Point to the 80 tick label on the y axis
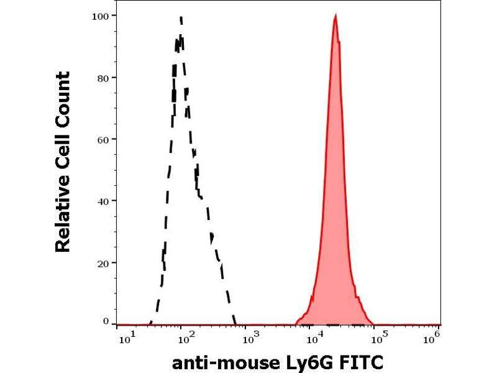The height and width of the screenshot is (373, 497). (x=103, y=78)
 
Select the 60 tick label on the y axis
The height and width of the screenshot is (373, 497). (x=103, y=139)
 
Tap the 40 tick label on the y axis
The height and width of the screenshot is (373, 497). (x=103, y=201)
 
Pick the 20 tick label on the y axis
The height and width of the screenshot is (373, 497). (x=103, y=263)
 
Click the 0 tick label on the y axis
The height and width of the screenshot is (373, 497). (x=106, y=321)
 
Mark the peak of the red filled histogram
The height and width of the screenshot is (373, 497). (x=335, y=17)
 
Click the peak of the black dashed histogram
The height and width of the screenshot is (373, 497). (x=180, y=18)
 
